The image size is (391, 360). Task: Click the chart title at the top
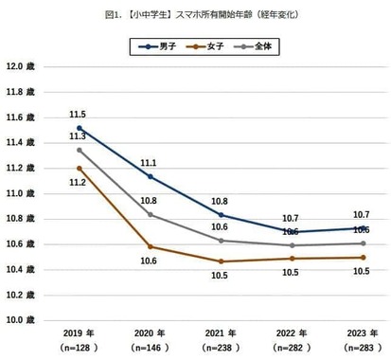click(x=194, y=14)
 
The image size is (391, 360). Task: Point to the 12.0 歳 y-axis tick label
click(x=20, y=67)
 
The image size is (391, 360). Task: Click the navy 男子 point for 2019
click(x=80, y=128)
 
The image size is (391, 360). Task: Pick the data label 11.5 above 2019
click(x=80, y=114)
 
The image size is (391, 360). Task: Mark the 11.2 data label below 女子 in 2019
click(x=80, y=182)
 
